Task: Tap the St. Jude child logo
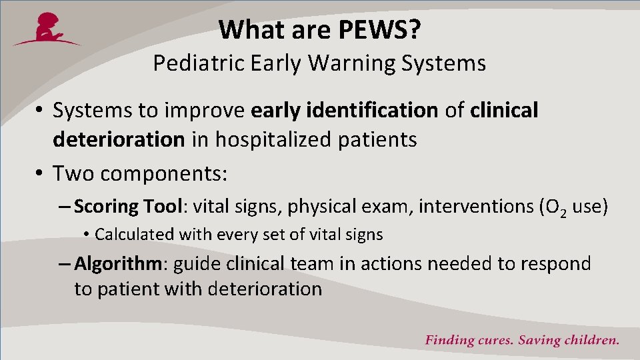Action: click(x=47, y=29)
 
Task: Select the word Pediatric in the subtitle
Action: click(x=192, y=63)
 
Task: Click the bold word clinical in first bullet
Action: click(x=504, y=111)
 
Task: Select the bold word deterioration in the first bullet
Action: click(x=118, y=139)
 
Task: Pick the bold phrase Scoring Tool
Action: click(x=128, y=207)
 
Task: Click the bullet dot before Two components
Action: click(x=40, y=175)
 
